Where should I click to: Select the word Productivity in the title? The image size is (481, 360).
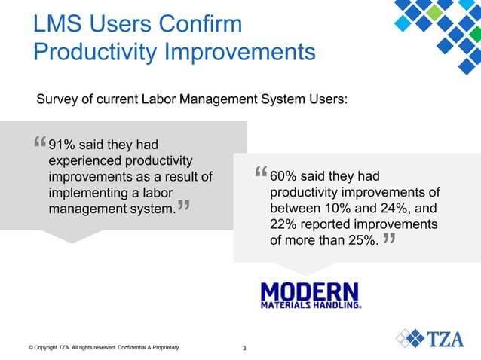click(x=96, y=53)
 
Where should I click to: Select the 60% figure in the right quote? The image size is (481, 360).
click(x=283, y=176)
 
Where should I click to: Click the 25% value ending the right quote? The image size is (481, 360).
click(x=360, y=242)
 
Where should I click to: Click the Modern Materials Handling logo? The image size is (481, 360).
click(x=311, y=295)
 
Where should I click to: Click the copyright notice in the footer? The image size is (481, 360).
click(x=103, y=348)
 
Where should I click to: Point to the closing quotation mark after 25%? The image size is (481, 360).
click(x=389, y=239)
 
